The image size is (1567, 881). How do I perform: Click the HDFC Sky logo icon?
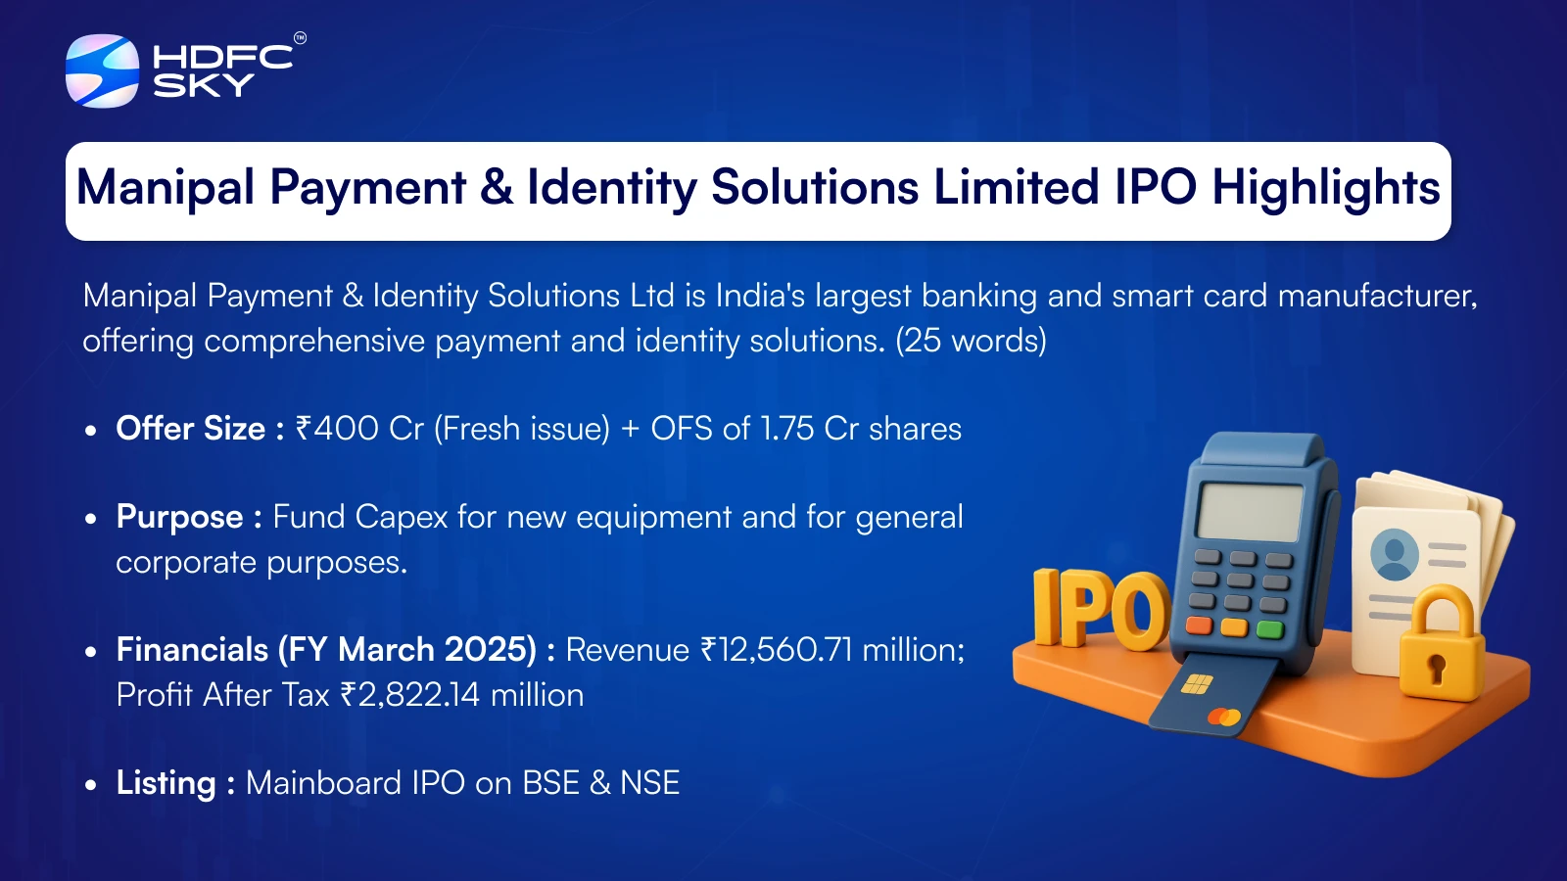(102, 70)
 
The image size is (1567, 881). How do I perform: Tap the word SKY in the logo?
(204, 85)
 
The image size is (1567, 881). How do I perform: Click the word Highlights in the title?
(1326, 188)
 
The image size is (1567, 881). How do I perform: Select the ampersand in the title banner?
(496, 187)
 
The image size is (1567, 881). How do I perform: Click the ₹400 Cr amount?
(358, 428)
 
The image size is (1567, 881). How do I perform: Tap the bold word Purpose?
(180, 518)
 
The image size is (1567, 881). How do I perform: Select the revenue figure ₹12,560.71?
(777, 650)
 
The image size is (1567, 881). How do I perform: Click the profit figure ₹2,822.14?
(410, 695)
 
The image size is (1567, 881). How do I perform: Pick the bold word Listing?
(166, 783)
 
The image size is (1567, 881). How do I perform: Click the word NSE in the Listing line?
(650, 782)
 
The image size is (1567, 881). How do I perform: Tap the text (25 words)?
(971, 341)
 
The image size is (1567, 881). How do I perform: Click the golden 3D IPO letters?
(1101, 608)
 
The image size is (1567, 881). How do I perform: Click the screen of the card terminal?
(1249, 512)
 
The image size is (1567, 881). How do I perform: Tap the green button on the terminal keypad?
(1270, 629)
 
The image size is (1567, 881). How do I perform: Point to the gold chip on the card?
(1196, 684)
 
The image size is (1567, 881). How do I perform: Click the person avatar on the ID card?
(1395, 554)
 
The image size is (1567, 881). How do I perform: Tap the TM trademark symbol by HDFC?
(300, 38)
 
